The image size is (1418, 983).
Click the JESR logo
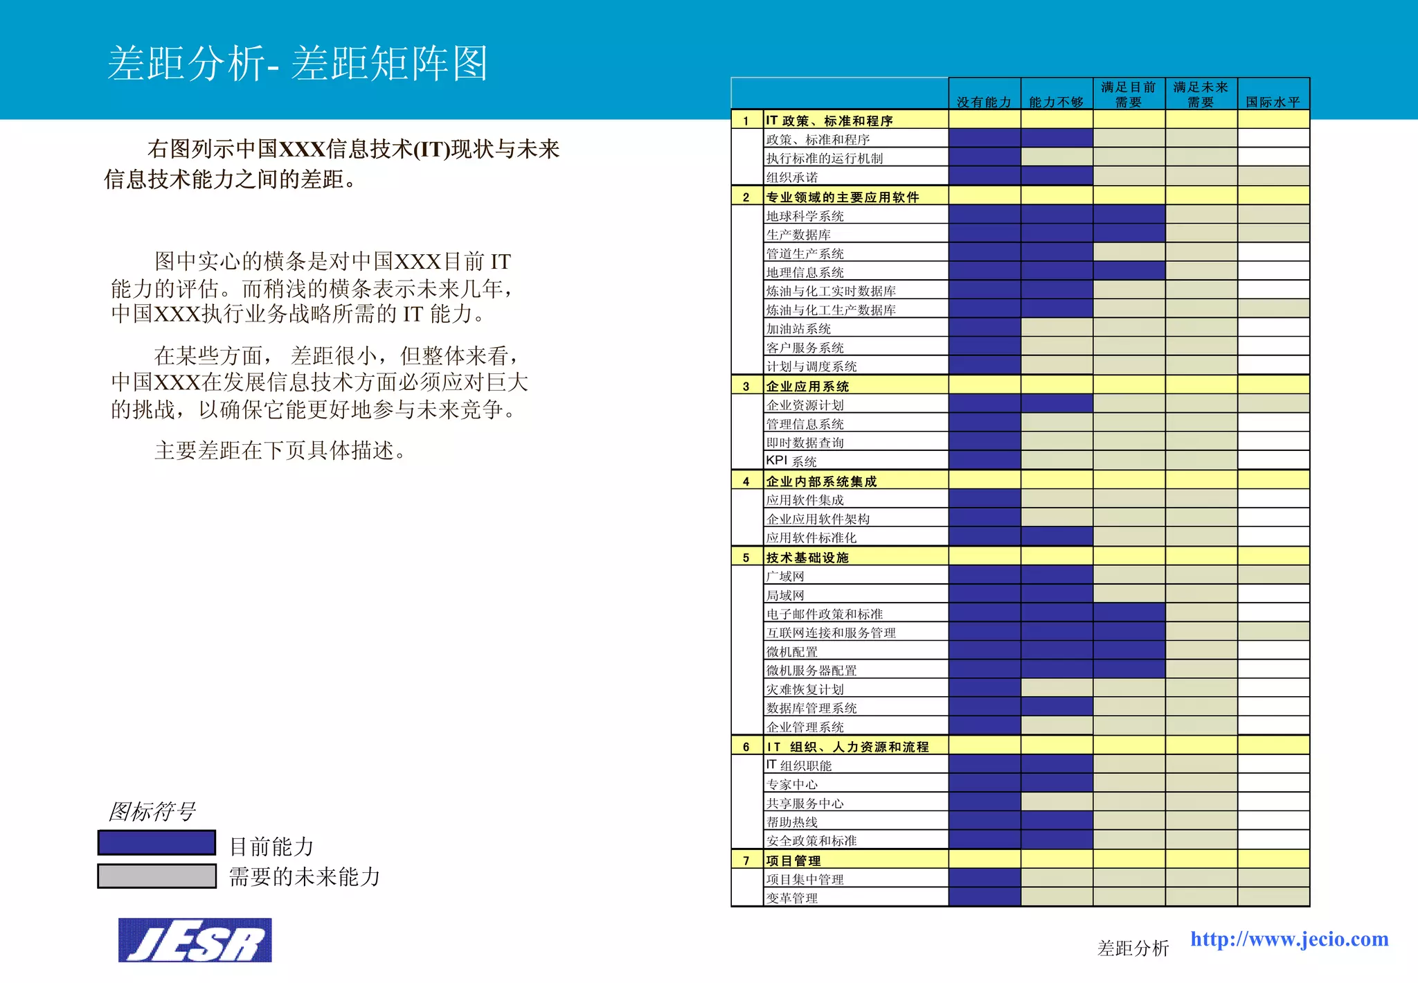tap(195, 940)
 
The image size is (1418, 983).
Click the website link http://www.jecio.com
tap(1289, 939)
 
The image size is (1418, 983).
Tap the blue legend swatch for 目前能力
tap(156, 843)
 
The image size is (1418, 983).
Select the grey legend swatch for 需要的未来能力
tap(156, 876)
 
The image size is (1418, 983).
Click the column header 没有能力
tap(984, 102)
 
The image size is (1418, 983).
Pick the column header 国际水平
tap(1273, 102)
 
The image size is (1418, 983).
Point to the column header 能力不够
tap(1056, 102)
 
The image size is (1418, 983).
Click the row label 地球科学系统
tap(805, 216)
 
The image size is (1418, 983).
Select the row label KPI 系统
tap(791, 461)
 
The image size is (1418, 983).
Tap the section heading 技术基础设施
tap(807, 557)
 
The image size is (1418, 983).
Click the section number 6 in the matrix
tap(746, 747)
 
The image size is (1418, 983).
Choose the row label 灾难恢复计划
tap(805, 689)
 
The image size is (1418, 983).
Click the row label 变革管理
tap(791, 898)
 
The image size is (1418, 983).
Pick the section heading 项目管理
tap(793, 860)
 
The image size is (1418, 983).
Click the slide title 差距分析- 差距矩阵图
tap(298, 63)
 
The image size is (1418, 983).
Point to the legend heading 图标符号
tap(152, 811)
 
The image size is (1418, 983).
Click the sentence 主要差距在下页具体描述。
tap(280, 450)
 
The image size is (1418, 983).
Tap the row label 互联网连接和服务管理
tap(830, 632)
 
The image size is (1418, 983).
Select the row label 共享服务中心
tap(805, 803)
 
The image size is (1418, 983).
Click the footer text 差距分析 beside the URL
tap(1133, 948)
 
